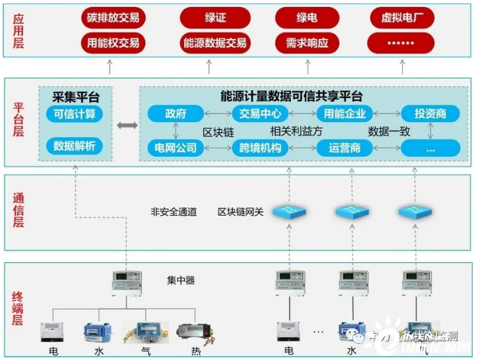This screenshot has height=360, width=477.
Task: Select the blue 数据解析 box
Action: click(74, 146)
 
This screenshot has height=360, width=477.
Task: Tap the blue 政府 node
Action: click(175, 114)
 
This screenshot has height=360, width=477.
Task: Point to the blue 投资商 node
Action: click(430, 114)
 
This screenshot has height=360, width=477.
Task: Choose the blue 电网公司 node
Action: click(175, 148)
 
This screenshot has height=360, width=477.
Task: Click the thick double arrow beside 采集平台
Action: click(126, 126)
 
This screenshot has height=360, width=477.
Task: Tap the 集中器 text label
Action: click(181, 280)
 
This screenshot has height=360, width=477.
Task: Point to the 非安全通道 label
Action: click(174, 212)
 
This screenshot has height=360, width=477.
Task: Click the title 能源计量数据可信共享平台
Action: click(291, 96)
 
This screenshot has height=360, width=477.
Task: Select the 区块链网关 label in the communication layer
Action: click(240, 212)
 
